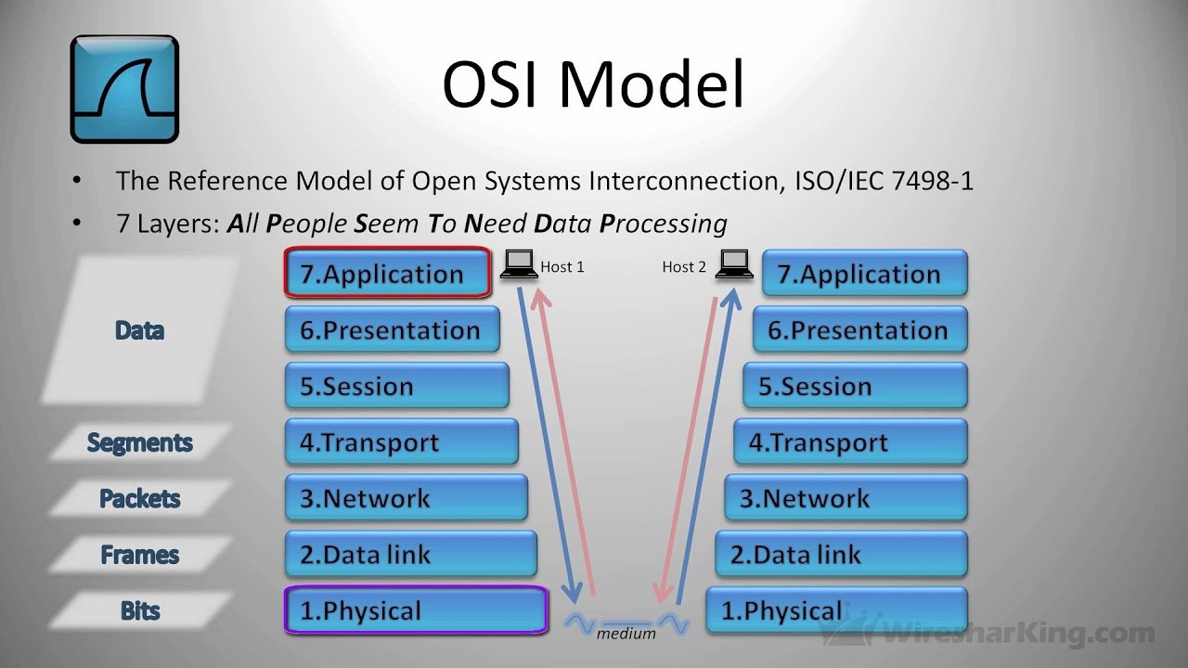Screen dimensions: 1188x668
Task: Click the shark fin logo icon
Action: coord(124,89)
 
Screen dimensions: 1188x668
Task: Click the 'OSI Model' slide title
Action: coord(593,84)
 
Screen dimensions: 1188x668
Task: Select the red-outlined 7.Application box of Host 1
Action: coord(387,274)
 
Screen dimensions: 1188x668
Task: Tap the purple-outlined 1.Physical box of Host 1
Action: coord(415,610)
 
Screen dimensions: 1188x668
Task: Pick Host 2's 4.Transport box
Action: coord(850,443)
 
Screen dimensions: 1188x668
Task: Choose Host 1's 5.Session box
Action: coord(396,386)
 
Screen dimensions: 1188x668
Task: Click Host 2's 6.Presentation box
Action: coord(859,330)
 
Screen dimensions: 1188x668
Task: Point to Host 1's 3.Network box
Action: coord(406,498)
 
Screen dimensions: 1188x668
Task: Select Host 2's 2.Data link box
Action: coord(841,555)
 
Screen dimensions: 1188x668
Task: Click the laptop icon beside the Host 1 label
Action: coord(519,265)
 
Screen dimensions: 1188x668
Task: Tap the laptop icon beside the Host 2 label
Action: coord(735,265)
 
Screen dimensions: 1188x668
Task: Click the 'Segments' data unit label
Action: coord(140,443)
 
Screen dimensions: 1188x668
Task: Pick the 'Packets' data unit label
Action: coord(140,498)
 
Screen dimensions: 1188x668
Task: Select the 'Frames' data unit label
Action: coord(140,555)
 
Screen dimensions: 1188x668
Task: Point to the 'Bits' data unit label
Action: coord(140,610)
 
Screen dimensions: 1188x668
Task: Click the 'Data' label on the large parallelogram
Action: coord(140,330)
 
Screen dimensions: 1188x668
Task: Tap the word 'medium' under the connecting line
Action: coord(626,634)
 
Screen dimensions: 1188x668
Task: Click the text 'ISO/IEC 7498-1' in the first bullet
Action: coord(885,180)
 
